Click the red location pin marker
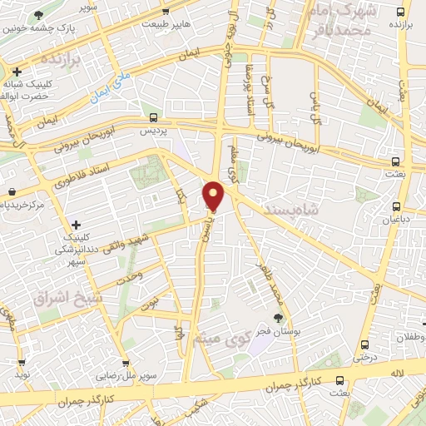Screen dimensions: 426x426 (214, 196)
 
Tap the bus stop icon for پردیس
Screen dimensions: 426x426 (151, 117)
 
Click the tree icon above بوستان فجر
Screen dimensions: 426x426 (278, 317)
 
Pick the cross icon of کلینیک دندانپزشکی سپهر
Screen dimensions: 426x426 (76, 225)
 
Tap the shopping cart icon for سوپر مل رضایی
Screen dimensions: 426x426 (126, 364)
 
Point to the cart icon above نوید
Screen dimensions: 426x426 (21, 363)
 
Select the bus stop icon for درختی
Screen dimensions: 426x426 (363, 344)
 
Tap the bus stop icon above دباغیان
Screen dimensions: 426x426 (396, 207)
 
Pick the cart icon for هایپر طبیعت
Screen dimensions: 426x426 (166, 11)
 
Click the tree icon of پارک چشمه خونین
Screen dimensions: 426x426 (39, 15)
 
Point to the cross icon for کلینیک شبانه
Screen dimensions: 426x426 (16, 72)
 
